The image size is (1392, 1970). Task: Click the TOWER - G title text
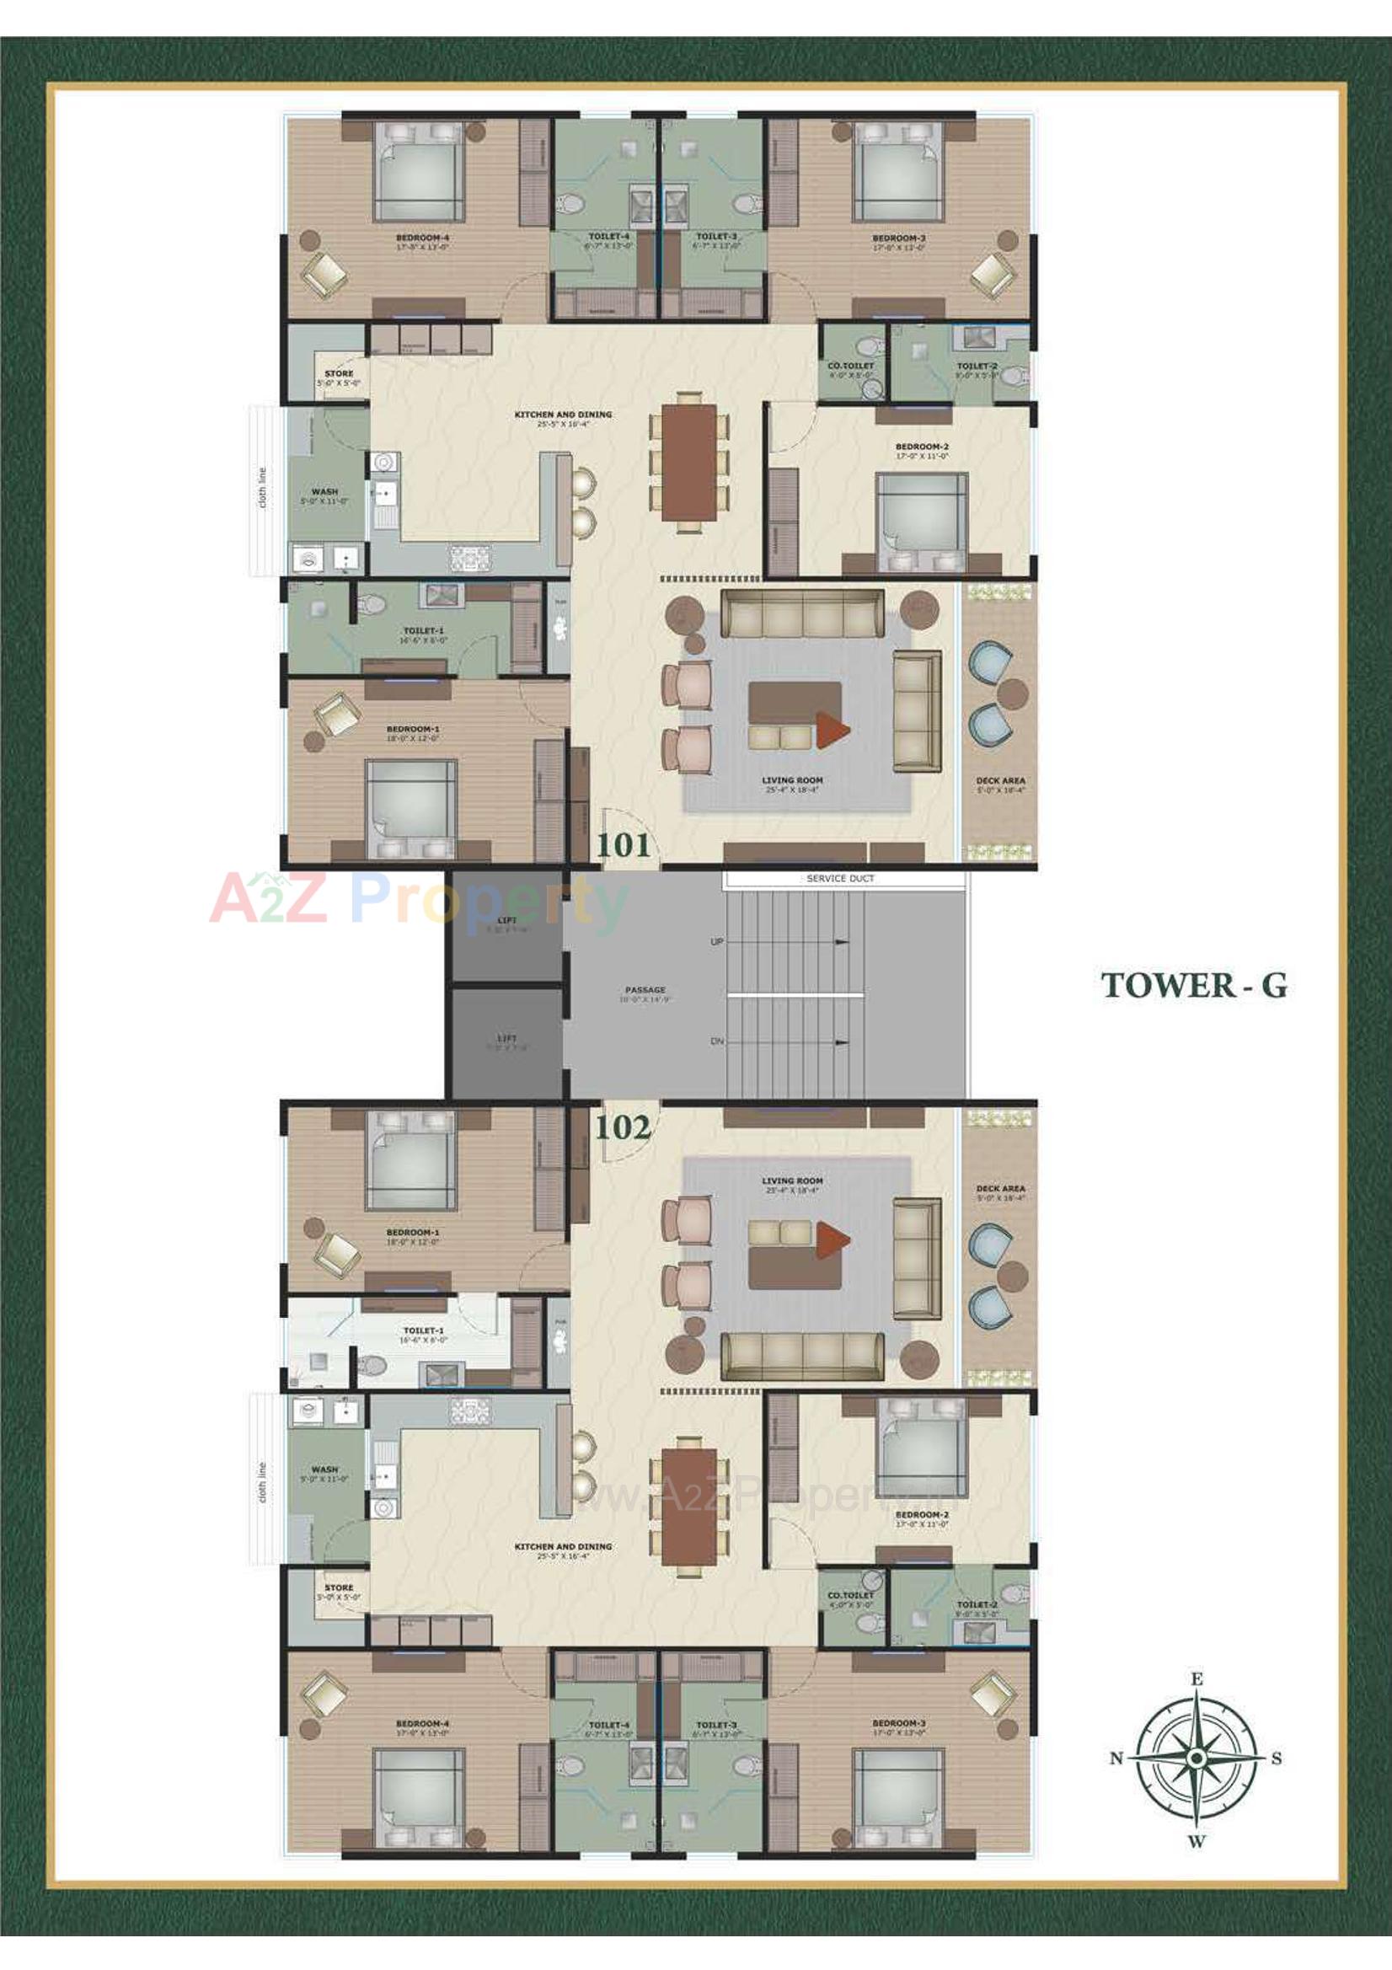[x=1194, y=986]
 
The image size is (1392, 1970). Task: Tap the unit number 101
[x=623, y=845]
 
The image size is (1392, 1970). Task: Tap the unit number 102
[x=623, y=1127]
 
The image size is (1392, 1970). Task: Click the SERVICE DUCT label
[x=839, y=879]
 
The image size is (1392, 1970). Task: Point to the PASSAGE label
[x=645, y=990]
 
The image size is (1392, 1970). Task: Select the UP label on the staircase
[x=717, y=942]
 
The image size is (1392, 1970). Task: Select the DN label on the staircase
[x=717, y=1041]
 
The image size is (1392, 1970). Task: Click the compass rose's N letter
[x=1116, y=1758]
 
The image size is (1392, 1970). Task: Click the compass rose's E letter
[x=1197, y=1679]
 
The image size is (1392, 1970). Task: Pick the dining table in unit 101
[x=688, y=463]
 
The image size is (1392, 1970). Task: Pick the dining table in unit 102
[x=688, y=1506]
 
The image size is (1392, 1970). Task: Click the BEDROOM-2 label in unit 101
[x=922, y=447]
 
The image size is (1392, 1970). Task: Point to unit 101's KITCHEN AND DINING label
[x=563, y=415]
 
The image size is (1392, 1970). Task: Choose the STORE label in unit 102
[x=339, y=1588]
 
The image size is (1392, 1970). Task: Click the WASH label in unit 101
[x=325, y=491]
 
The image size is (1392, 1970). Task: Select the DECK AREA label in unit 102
[x=1001, y=1188]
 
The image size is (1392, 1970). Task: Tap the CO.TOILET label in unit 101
[x=850, y=367]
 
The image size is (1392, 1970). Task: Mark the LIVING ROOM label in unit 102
[x=792, y=1180]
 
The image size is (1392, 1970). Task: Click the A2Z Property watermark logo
[x=419, y=899]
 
